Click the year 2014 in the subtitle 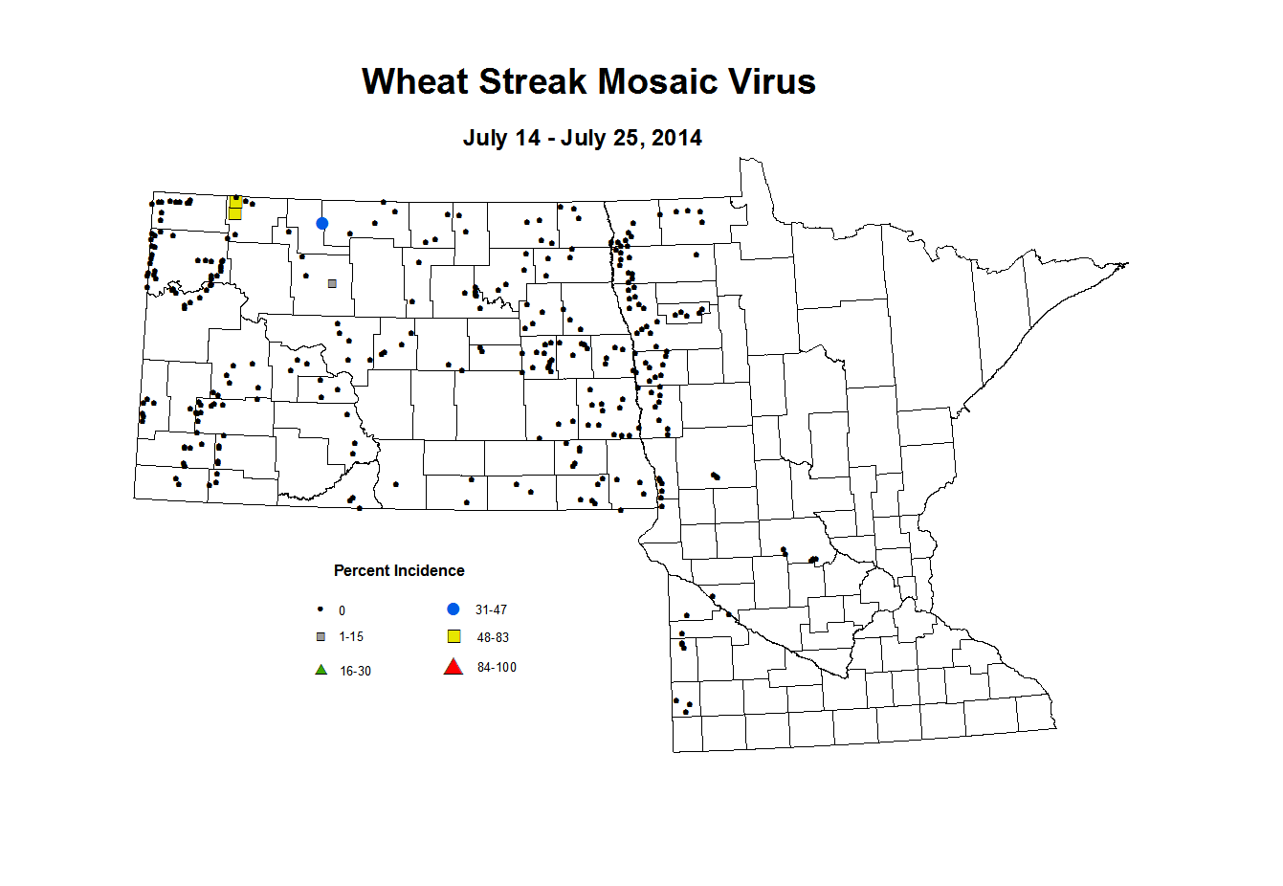[676, 139]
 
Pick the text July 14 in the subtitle [501, 139]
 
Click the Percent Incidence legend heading [399, 571]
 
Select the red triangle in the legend [453, 668]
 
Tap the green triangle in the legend [321, 670]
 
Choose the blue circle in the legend [453, 609]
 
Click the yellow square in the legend [454, 637]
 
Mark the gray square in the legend [321, 637]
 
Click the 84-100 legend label [497, 668]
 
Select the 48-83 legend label [493, 638]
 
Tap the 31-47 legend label [491, 610]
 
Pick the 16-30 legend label [355, 672]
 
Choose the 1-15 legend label [351, 637]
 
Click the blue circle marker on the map [322, 224]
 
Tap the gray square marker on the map [332, 283]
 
